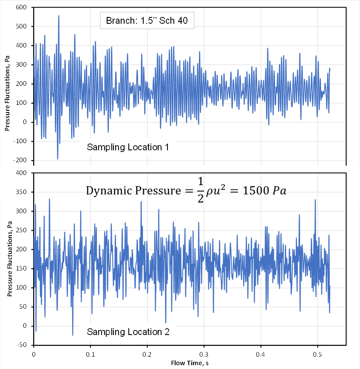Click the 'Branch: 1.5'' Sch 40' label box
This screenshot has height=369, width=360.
[x=147, y=20]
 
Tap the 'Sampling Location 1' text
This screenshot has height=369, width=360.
[x=128, y=148]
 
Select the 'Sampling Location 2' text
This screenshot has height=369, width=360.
[x=128, y=332]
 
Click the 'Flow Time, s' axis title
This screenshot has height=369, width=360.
[x=190, y=363]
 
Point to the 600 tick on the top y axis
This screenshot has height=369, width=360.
[x=21, y=7]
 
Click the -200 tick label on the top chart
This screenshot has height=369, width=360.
[x=20, y=161]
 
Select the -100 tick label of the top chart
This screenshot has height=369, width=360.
[x=20, y=141]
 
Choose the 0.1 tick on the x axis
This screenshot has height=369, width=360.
[x=90, y=354]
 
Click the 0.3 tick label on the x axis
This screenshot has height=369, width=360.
[x=204, y=354]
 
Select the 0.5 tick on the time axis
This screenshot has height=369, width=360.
[x=317, y=354]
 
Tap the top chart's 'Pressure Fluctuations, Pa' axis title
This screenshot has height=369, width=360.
[x=7, y=85]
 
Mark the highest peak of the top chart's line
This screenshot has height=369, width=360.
[x=59, y=16]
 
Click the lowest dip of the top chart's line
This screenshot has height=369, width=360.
[x=58, y=159]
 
